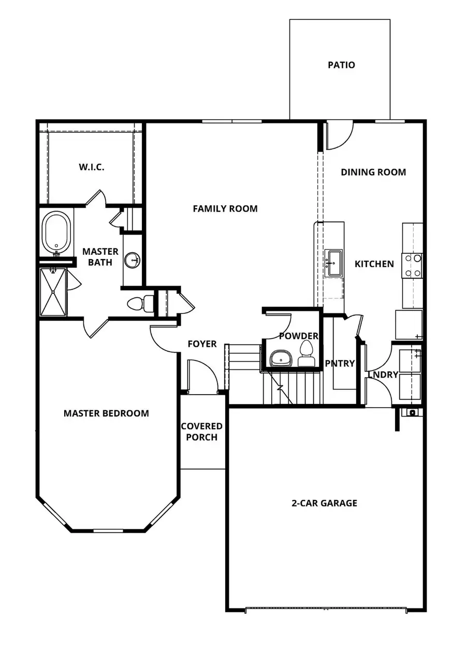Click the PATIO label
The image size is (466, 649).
click(x=341, y=65)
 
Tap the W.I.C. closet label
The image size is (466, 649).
click(x=92, y=167)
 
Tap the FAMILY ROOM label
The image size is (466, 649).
click(x=225, y=209)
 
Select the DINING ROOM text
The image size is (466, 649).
click(x=373, y=172)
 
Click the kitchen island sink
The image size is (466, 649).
click(x=333, y=263)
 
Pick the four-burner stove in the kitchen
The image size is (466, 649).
click(x=413, y=265)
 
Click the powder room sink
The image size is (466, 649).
click(x=282, y=358)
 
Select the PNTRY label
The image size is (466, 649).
click(x=340, y=364)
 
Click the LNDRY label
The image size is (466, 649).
click(x=383, y=374)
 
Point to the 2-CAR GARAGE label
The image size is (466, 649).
click(x=324, y=503)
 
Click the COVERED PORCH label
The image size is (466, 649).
click(x=201, y=431)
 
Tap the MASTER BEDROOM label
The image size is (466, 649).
click(x=106, y=413)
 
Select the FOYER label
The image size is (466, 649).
click(x=202, y=344)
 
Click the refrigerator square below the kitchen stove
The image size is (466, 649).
click(x=409, y=324)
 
